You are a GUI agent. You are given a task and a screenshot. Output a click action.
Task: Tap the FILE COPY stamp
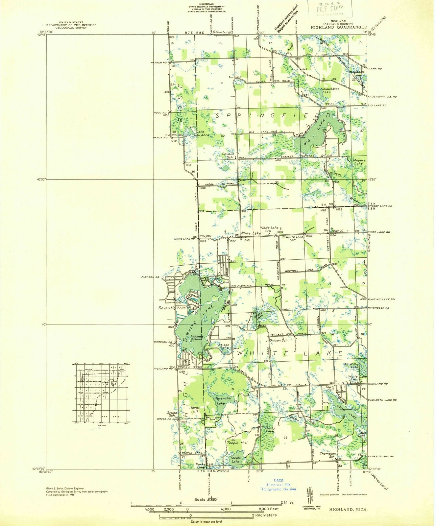[330, 8]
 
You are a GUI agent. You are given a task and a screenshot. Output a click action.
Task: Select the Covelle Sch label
[228, 155]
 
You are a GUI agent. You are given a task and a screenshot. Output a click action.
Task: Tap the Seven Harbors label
[172, 308]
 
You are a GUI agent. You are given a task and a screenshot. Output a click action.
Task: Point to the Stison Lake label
[224, 346]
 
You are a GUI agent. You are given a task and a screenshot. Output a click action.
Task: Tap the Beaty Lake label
[270, 429]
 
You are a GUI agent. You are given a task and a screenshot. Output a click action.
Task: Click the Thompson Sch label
[327, 455]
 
